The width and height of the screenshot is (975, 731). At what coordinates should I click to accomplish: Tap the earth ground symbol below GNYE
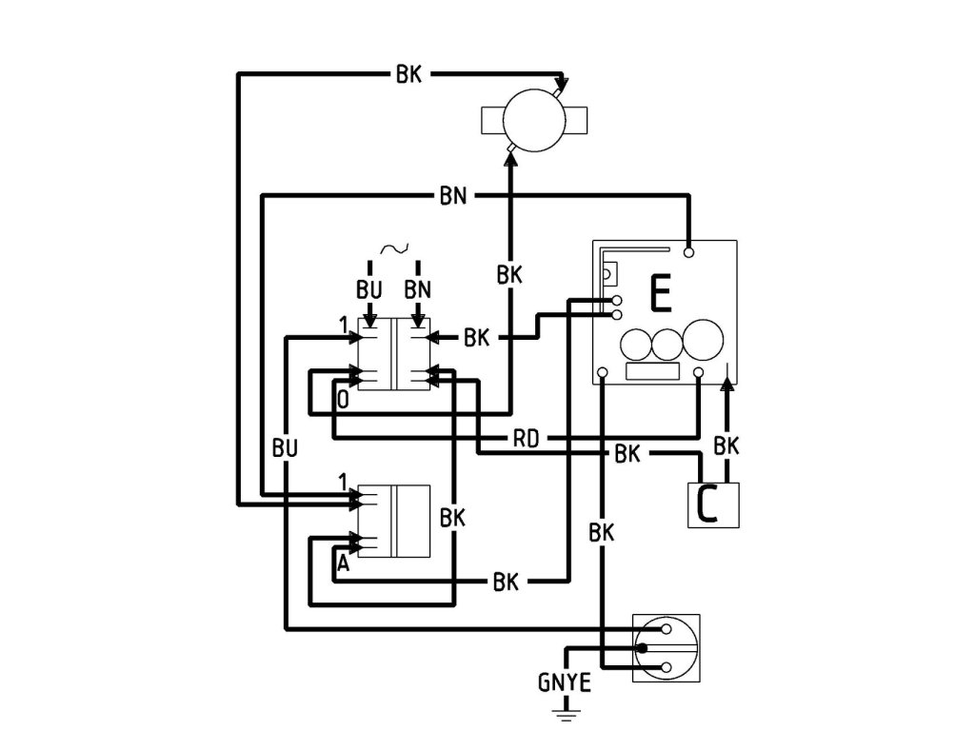click(568, 710)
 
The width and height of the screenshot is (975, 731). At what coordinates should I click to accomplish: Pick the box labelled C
click(712, 504)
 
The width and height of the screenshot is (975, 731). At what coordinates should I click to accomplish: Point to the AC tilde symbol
click(394, 249)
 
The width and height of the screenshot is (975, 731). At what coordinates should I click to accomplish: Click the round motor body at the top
click(533, 121)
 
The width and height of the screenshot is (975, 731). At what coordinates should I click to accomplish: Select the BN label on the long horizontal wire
click(453, 196)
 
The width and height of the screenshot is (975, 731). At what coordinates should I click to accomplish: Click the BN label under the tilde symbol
click(417, 287)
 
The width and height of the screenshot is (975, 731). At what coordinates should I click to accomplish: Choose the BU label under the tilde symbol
click(370, 287)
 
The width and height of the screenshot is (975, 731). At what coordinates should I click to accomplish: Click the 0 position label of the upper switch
click(343, 400)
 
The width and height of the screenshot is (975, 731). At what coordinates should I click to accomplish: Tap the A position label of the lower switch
click(343, 564)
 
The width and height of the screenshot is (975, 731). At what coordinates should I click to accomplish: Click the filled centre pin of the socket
click(644, 648)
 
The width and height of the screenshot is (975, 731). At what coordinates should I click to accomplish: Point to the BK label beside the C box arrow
click(726, 445)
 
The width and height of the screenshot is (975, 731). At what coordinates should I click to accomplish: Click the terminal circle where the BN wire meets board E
click(688, 253)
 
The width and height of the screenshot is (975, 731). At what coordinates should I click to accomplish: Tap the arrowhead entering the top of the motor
click(562, 85)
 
